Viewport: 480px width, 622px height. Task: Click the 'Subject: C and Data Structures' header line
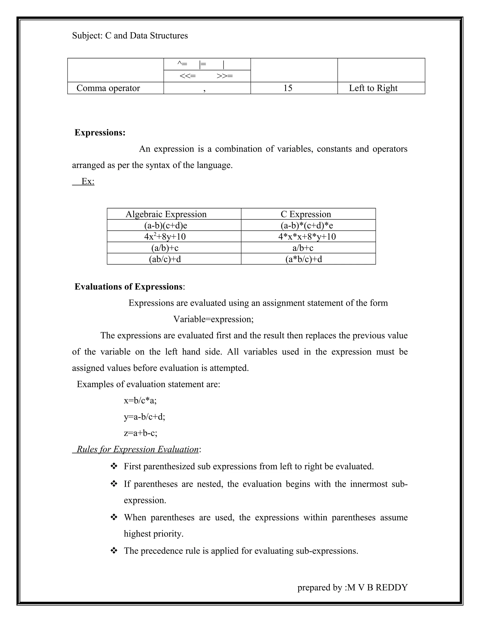[x=130, y=36]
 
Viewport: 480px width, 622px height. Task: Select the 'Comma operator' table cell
[x=108, y=88]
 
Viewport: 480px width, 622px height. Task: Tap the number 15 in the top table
[x=288, y=88]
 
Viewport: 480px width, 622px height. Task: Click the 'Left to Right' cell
[x=373, y=88]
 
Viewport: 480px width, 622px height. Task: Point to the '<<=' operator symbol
[x=188, y=76]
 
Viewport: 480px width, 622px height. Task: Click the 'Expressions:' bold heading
[x=100, y=133]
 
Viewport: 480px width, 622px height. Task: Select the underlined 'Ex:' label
[x=88, y=181]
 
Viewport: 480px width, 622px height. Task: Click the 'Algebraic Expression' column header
[x=166, y=214]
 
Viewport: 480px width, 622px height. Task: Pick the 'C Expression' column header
[x=306, y=214]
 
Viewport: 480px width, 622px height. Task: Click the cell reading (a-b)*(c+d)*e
[x=307, y=226]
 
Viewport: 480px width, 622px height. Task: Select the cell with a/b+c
[x=303, y=248]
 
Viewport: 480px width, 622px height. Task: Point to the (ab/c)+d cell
[x=165, y=259]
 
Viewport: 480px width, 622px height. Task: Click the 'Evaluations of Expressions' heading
[x=128, y=287]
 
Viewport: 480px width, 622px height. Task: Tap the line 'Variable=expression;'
[x=213, y=319]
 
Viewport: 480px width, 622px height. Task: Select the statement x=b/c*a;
[x=140, y=401]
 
